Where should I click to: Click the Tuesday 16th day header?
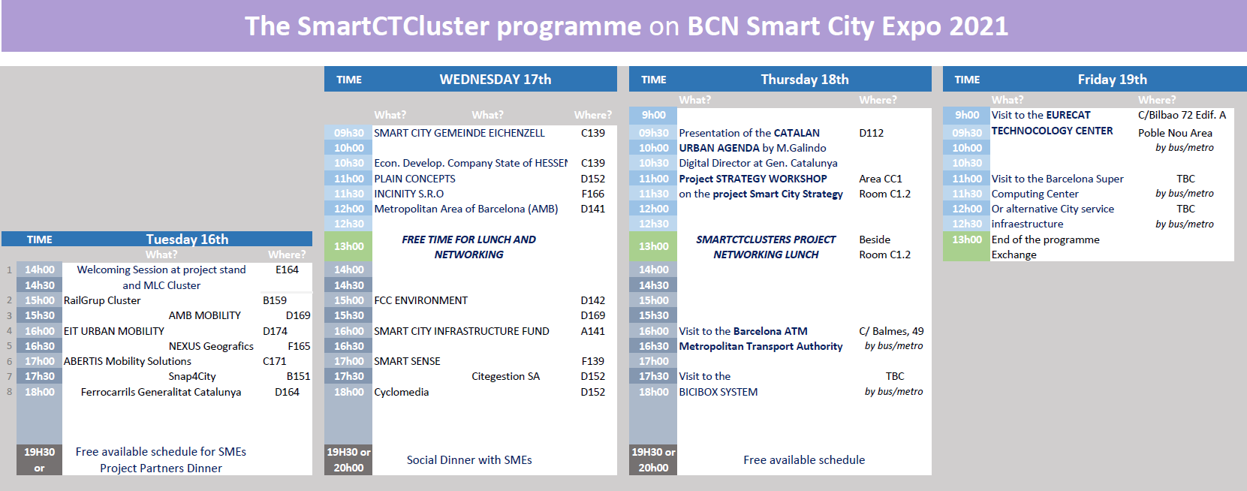(x=187, y=239)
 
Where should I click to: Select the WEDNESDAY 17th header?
(x=495, y=80)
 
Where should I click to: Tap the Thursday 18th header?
(x=804, y=80)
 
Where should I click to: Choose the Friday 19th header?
(x=1112, y=80)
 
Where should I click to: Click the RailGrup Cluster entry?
(x=102, y=300)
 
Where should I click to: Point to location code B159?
(x=275, y=300)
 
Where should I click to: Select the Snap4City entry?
(x=192, y=376)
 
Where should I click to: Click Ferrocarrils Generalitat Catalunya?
(x=161, y=392)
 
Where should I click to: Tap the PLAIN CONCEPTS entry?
(x=414, y=179)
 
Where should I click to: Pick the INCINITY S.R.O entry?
(x=409, y=194)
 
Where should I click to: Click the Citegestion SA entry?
(x=505, y=376)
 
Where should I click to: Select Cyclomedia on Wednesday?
(x=402, y=392)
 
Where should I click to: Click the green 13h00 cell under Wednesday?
(x=348, y=246)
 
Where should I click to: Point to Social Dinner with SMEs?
(x=469, y=459)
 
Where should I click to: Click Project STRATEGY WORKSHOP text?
(x=752, y=179)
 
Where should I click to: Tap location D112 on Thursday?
(x=871, y=133)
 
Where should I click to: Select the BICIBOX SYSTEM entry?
(x=718, y=392)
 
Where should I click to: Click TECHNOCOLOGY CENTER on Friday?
(x=1052, y=131)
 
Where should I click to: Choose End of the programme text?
(x=1045, y=239)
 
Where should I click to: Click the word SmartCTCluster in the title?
(x=393, y=26)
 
